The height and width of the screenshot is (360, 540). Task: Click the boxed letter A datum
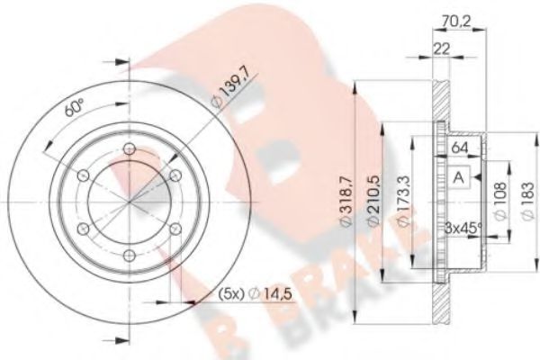coord(458,177)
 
